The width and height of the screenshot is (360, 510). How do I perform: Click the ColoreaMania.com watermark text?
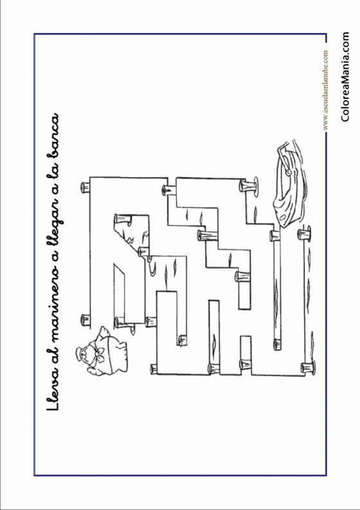pos(345,77)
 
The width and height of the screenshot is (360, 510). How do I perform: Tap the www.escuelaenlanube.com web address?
pos(325,90)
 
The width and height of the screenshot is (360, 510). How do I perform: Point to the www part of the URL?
pos(325,125)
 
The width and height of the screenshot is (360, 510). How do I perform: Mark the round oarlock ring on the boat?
pos(288,171)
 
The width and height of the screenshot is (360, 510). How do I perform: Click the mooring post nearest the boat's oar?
pos(249,187)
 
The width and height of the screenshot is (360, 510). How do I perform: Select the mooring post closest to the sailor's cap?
pos(85,320)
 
